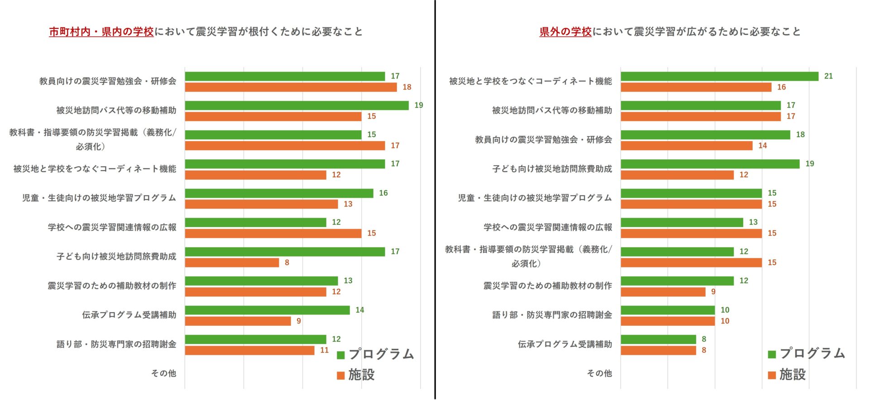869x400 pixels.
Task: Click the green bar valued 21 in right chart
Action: pyautogui.click(x=719, y=76)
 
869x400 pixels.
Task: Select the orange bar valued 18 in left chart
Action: pyautogui.click(x=291, y=87)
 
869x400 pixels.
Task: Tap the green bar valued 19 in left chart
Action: pyautogui.click(x=296, y=105)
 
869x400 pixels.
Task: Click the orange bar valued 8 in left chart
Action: pyautogui.click(x=232, y=262)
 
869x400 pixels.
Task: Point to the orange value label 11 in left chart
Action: pyautogui.click(x=325, y=350)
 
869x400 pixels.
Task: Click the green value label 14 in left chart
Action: pyautogui.click(x=360, y=310)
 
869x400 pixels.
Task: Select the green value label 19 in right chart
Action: pyautogui.click(x=810, y=164)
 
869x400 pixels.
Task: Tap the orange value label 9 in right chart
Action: pyautogui.click(x=713, y=292)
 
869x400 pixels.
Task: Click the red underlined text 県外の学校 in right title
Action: pyautogui.click(x=565, y=32)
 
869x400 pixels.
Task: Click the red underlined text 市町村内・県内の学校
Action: pyautogui.click(x=101, y=32)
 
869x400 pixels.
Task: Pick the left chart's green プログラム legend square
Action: pyautogui.click(x=341, y=355)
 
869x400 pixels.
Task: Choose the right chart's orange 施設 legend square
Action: pyautogui.click(x=772, y=375)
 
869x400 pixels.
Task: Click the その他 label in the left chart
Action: pyautogui.click(x=163, y=373)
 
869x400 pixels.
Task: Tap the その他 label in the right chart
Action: pyautogui.click(x=599, y=373)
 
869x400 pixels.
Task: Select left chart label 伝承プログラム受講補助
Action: pyautogui.click(x=129, y=315)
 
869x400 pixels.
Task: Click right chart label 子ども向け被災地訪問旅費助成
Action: pyautogui.click(x=552, y=169)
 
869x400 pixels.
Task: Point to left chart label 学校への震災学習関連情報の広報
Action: pyautogui.click(x=112, y=227)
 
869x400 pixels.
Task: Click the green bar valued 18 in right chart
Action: pyautogui.click(x=705, y=135)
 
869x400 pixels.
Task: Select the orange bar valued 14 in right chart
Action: pyautogui.click(x=686, y=146)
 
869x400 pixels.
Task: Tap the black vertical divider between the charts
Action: pyautogui.click(x=435, y=199)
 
